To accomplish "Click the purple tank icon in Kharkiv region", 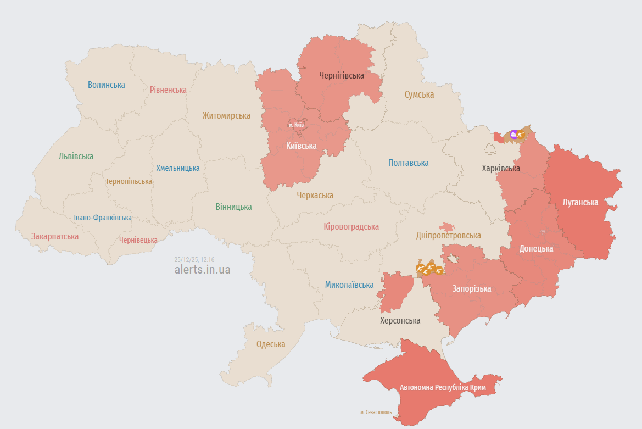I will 513,134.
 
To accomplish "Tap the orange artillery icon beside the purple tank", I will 521,133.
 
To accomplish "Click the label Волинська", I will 107,85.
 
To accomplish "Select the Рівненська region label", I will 168,90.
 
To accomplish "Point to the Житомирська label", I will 226,115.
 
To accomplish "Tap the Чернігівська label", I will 342,75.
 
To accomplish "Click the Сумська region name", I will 419,94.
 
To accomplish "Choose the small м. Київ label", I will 296,125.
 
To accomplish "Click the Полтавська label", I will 408,163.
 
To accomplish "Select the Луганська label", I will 580,202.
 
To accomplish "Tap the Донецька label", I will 536,248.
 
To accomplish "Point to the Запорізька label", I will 472,288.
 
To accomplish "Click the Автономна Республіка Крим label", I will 443,387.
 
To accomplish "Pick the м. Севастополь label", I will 376,411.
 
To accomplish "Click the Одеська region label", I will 271,344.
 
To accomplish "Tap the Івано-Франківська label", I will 103,218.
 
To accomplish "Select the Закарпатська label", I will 55,236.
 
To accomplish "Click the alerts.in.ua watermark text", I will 202,270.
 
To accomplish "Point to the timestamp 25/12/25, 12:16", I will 194,259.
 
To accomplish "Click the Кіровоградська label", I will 351,226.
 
